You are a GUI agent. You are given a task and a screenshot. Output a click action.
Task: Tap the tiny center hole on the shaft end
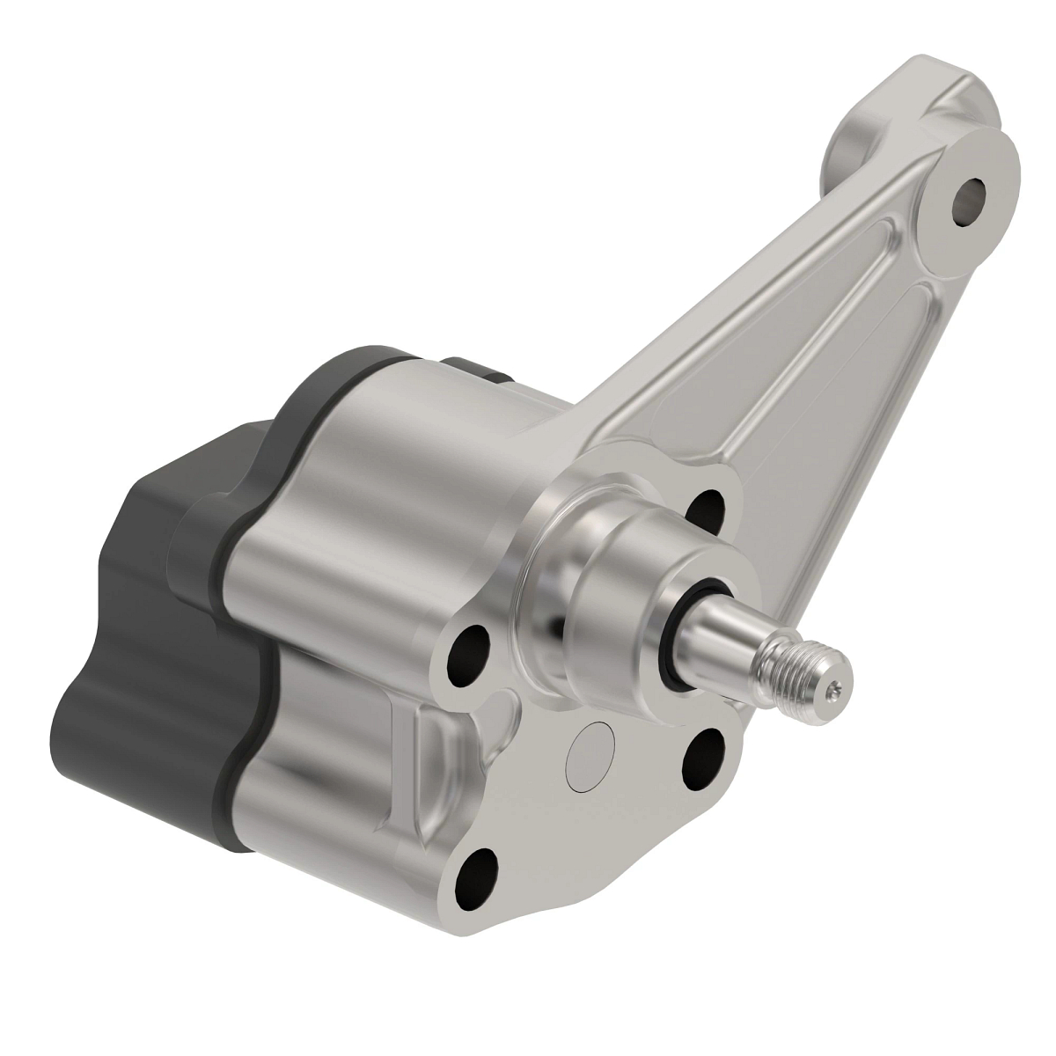tap(834, 689)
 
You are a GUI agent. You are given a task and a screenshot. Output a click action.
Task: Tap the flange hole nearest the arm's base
tap(705, 505)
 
